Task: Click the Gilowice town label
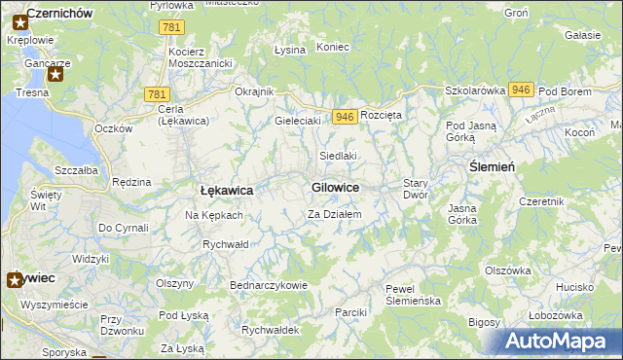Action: [336, 187]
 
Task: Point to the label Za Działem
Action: [335, 214]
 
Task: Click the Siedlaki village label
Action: [339, 156]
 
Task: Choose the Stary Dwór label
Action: [416, 189]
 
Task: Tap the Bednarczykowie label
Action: [269, 285]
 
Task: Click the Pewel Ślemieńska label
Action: [414, 295]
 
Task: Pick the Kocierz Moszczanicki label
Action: [199, 56]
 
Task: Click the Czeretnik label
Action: [542, 201]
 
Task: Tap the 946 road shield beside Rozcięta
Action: [344, 117]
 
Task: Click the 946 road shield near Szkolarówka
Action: [521, 90]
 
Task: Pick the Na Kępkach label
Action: [214, 214]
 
